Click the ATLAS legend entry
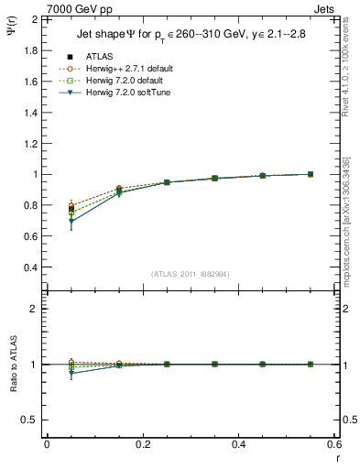pos(98,57)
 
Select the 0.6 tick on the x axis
pos(335,445)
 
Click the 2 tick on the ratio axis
pos(33,309)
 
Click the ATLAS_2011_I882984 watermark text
pos(190,273)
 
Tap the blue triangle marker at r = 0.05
pos(71,222)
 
